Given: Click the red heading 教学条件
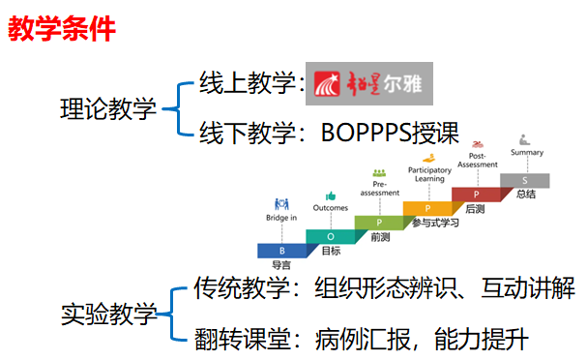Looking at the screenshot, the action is [62, 28].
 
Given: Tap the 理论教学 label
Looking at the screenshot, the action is [107, 109].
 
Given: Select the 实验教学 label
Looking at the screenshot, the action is [108, 314].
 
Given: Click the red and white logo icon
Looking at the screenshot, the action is [327, 83].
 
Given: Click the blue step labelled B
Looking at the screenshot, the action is [282, 251].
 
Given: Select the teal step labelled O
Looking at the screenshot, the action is [331, 237].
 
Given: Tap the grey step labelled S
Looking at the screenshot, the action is [525, 181].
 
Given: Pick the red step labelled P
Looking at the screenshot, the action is [476, 195].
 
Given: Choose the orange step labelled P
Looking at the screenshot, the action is [427, 208].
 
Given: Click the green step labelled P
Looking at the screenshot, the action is [379, 223].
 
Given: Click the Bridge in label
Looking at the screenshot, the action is [281, 218].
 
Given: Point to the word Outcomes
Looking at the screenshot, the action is [331, 207].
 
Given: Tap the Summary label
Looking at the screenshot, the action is [527, 153].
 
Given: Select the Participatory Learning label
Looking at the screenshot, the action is [429, 174].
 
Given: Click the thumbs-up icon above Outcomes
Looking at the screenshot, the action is [331, 195].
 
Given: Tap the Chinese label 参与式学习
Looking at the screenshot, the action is [435, 223].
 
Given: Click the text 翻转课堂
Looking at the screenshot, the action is [243, 339].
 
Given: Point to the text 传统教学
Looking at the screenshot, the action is [242, 287].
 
